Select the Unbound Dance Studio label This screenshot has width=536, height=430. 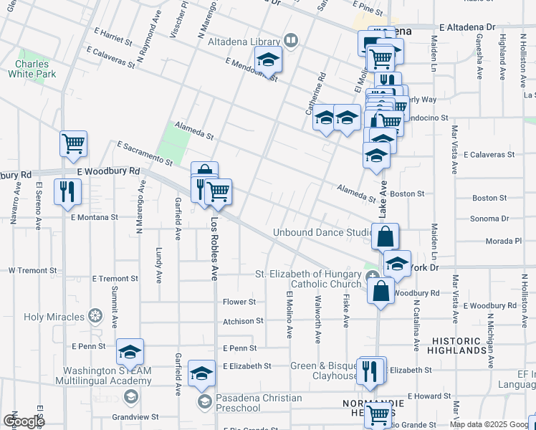[321, 233]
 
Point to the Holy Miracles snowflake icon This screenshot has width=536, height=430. [95, 316]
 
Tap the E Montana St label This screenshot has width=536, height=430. [94, 217]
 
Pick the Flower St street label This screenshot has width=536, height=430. [239, 302]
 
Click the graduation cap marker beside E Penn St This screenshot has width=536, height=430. [130, 351]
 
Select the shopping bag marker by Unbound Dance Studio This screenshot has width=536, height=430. [386, 236]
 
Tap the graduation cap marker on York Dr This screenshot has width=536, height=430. [397, 263]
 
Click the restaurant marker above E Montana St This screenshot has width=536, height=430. [68, 191]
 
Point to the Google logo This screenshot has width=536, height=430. [24, 421]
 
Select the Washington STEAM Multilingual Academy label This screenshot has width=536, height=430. [105, 376]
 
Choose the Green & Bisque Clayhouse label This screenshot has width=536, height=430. [324, 371]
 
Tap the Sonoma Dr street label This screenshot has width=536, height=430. [489, 219]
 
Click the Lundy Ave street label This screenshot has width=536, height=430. [158, 264]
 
